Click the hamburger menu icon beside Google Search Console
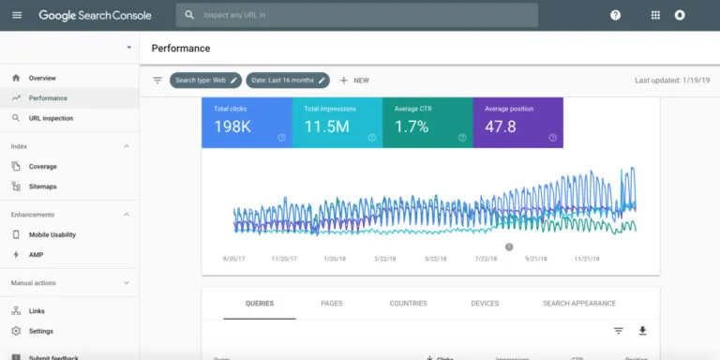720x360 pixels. [x=17, y=15]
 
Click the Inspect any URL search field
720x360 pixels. [x=356, y=15]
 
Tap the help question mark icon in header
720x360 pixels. [x=615, y=15]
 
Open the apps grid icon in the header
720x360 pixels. [x=655, y=15]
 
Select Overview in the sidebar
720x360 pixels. [x=42, y=78]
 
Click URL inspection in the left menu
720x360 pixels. [x=51, y=118]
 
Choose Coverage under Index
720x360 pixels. [x=43, y=166]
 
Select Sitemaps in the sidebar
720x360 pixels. [x=43, y=187]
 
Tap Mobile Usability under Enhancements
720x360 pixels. [x=52, y=234]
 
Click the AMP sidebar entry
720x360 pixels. [x=36, y=255]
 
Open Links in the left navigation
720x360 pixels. [x=37, y=310]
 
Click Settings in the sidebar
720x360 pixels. [x=41, y=331]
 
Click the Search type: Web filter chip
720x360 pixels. [x=205, y=81]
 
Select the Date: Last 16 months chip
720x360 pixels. [x=288, y=81]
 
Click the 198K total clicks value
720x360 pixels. [x=232, y=127]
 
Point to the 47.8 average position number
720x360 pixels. [x=501, y=127]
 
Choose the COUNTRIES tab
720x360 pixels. [x=408, y=304]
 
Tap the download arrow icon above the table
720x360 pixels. [x=642, y=331]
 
